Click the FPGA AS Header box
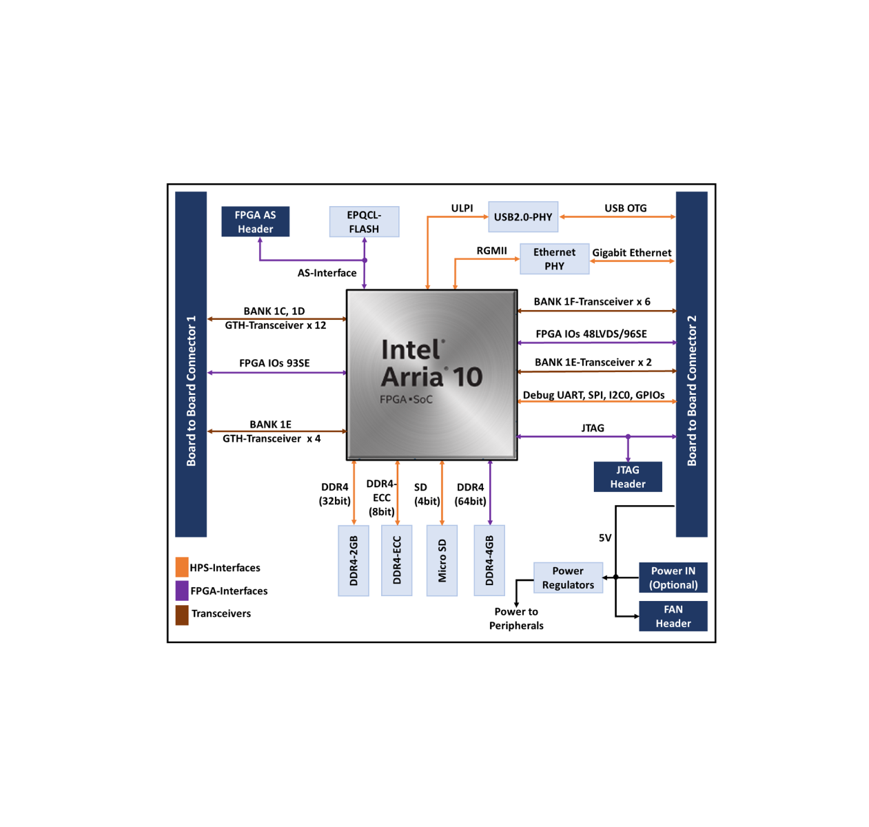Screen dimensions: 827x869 pos(255,222)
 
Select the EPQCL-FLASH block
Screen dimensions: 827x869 pos(364,222)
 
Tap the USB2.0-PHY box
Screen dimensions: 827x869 pos(523,217)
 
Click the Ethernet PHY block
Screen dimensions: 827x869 pos(554,259)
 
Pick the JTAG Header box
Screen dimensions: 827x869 pos(628,477)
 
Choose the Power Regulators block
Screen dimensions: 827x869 pos(568,578)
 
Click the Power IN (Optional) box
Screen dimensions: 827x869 pos(673,578)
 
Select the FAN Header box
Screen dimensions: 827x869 pos(673,616)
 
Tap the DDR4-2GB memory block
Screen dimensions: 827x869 pos(354,560)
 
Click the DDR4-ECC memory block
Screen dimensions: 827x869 pos(397,560)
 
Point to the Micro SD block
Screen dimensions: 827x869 pos(442,560)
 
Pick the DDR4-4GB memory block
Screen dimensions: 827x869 pos(489,560)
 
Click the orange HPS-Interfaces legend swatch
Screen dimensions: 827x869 pos(182,567)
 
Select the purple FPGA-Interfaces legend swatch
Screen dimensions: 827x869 pos(182,591)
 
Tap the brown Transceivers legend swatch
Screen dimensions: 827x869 pos(182,614)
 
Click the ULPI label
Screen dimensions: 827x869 pos(462,208)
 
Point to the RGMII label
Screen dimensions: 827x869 pos(491,250)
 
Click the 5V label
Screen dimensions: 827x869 pos(605,538)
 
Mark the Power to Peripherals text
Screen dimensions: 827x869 pos(516,618)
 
